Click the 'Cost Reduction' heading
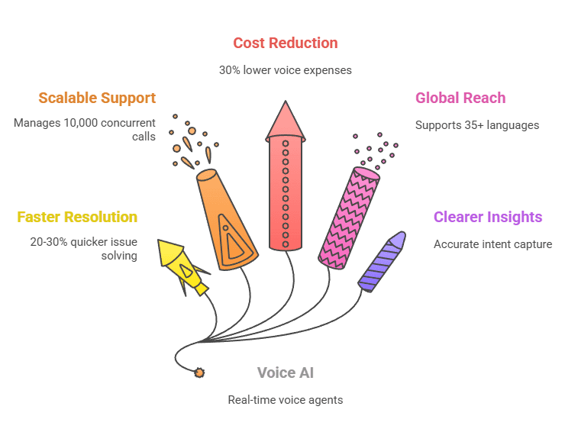285,43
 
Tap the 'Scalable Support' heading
97,98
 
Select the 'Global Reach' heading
460,98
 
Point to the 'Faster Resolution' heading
77,217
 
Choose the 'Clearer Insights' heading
487,217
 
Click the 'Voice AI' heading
285,373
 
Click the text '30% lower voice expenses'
285,70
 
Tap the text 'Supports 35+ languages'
477,125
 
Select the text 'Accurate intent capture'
492,244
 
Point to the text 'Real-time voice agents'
285,400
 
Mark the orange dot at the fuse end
200,373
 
